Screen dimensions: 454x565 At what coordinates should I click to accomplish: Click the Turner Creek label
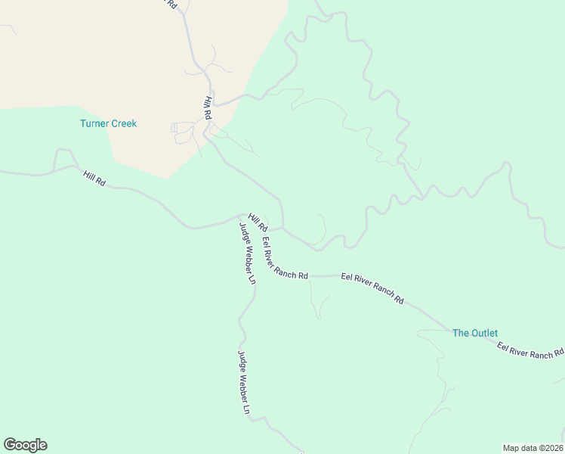(109, 123)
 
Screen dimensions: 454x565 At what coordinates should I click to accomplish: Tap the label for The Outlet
(474, 333)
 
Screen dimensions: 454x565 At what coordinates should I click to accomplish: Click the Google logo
(25, 445)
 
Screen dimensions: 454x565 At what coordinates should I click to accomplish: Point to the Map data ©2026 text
(533, 448)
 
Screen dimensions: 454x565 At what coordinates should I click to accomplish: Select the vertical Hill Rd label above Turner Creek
(207, 108)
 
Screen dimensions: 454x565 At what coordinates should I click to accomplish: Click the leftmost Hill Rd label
(94, 179)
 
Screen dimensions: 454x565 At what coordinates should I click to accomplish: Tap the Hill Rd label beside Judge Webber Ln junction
(258, 222)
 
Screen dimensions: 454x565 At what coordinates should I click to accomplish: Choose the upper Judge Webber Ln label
(247, 253)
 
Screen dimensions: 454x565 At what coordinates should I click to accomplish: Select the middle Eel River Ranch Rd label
(372, 288)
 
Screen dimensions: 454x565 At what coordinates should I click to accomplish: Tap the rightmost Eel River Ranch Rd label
(530, 350)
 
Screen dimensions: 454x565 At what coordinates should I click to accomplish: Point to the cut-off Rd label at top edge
(171, 4)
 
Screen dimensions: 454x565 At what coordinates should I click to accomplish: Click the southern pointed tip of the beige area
(167, 179)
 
